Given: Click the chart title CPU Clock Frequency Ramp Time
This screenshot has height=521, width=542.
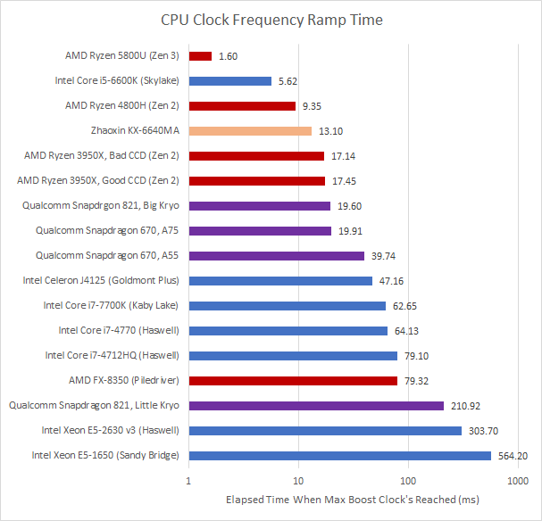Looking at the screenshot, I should pyautogui.click(x=271, y=19).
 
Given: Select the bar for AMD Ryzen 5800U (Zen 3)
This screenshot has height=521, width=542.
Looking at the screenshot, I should pyautogui.click(x=200, y=55).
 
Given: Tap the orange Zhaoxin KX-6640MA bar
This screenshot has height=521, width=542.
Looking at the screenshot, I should pyautogui.click(x=250, y=131).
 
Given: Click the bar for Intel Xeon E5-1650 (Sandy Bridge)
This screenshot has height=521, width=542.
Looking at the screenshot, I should pyautogui.click(x=339, y=456).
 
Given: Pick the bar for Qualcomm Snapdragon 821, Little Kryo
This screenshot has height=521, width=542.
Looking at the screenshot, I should pyautogui.click(x=316, y=406).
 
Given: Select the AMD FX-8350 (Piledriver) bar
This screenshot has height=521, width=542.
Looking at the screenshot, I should pyautogui.click(x=293, y=381).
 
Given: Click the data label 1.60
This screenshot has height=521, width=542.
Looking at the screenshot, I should pyautogui.click(x=229, y=56).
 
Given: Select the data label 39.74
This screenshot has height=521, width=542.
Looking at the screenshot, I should pyautogui.click(x=383, y=256).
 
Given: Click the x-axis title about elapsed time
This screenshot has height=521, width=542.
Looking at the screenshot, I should pyautogui.click(x=353, y=500).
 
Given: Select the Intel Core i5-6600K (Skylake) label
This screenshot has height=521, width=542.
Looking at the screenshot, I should pyautogui.click(x=116, y=80).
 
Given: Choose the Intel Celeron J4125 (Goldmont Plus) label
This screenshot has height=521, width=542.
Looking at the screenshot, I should pyautogui.click(x=101, y=280).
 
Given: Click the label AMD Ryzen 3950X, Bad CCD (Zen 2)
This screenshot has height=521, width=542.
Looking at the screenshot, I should pyautogui.click(x=102, y=155).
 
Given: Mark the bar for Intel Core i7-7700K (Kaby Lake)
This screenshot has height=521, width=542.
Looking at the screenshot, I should pyautogui.click(x=288, y=306).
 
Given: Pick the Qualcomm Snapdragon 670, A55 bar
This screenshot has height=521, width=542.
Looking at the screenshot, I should pyautogui.click(x=277, y=256).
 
